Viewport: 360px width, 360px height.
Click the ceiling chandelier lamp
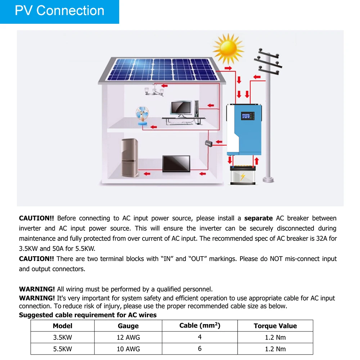tap(154, 90)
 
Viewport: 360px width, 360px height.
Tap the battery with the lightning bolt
tap(242, 175)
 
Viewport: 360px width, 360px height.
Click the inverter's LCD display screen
tap(247, 117)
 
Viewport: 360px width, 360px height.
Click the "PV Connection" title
tap(59, 11)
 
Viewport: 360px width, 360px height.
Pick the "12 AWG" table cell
tap(128, 337)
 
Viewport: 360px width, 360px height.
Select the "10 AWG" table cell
tap(128, 349)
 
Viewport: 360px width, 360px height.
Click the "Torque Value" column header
tap(275, 326)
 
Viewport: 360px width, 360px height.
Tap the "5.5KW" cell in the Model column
tap(62, 349)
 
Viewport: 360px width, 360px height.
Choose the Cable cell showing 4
tap(200, 337)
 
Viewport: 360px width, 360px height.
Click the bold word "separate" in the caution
tap(258, 218)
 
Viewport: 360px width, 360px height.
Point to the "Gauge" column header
tap(128, 326)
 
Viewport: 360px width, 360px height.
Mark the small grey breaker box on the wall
tap(209, 143)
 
